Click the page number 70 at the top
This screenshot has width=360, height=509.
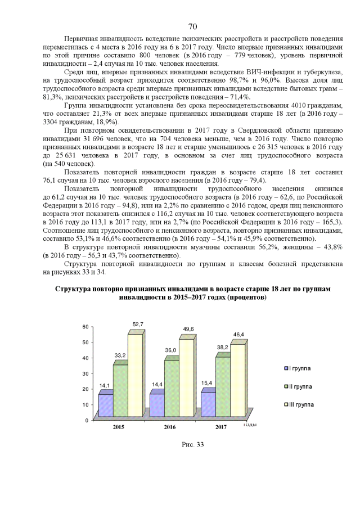click(192, 26)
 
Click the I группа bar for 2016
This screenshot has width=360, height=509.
click(157, 406)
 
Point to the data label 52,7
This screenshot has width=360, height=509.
click(138, 324)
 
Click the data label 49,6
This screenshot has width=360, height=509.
click(188, 329)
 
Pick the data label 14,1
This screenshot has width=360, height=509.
click(105, 386)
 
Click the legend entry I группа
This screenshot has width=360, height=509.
click(299, 368)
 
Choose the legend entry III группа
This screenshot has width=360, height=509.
click(300, 404)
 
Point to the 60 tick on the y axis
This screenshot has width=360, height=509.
click(85, 327)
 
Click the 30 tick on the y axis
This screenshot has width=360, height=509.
click(85, 373)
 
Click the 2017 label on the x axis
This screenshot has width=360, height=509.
click(220, 428)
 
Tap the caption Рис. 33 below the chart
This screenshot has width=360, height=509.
click(192, 445)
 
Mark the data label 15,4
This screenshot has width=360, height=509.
click(208, 383)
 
